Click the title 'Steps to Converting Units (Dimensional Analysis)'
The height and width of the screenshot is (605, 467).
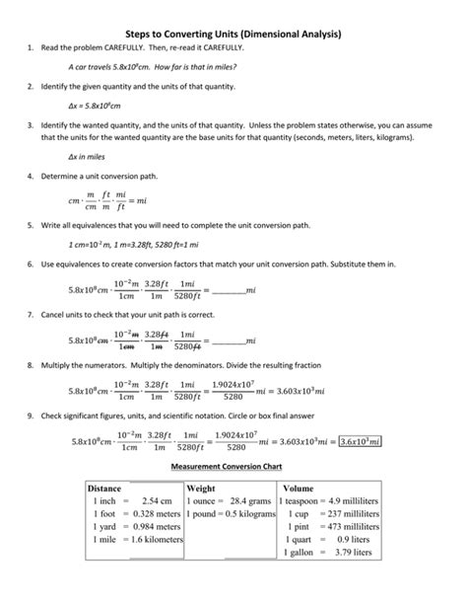(233, 34)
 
